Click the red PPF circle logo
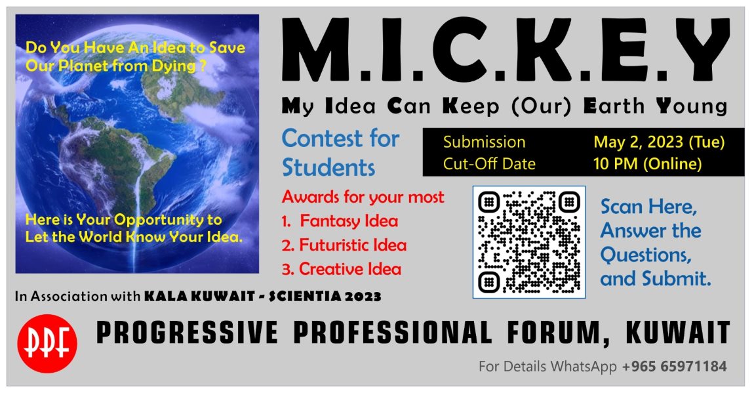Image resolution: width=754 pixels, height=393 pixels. pyautogui.click(x=47, y=343)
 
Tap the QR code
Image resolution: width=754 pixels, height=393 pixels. pyautogui.click(x=529, y=242)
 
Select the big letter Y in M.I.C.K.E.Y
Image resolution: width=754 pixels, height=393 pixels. pyautogui.click(x=699, y=50)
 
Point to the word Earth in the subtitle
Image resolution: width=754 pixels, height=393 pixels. pyautogui.click(x=614, y=106)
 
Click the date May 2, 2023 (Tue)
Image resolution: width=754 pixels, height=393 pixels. pyautogui.click(x=659, y=142)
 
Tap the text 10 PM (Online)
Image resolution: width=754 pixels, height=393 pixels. pyautogui.click(x=647, y=164)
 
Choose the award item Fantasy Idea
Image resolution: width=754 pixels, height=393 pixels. pyautogui.click(x=349, y=221)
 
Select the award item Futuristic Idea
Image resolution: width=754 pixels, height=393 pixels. pyautogui.click(x=353, y=245)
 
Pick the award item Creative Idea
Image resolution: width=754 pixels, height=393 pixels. pyautogui.click(x=350, y=270)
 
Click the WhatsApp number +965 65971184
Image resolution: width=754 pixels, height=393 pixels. pyautogui.click(x=674, y=367)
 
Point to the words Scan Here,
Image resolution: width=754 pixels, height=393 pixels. pyautogui.click(x=648, y=207)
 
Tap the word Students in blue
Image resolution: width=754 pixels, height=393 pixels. pyautogui.click(x=328, y=168)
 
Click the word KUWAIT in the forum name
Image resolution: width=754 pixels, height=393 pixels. pyautogui.click(x=677, y=333)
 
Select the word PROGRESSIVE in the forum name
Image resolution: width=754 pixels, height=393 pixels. pyautogui.click(x=187, y=333)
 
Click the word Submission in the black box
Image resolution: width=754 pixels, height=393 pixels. pyautogui.click(x=485, y=142)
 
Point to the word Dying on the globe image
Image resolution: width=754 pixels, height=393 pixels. pyautogui.click(x=174, y=66)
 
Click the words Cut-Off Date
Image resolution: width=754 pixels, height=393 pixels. pyautogui.click(x=489, y=164)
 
